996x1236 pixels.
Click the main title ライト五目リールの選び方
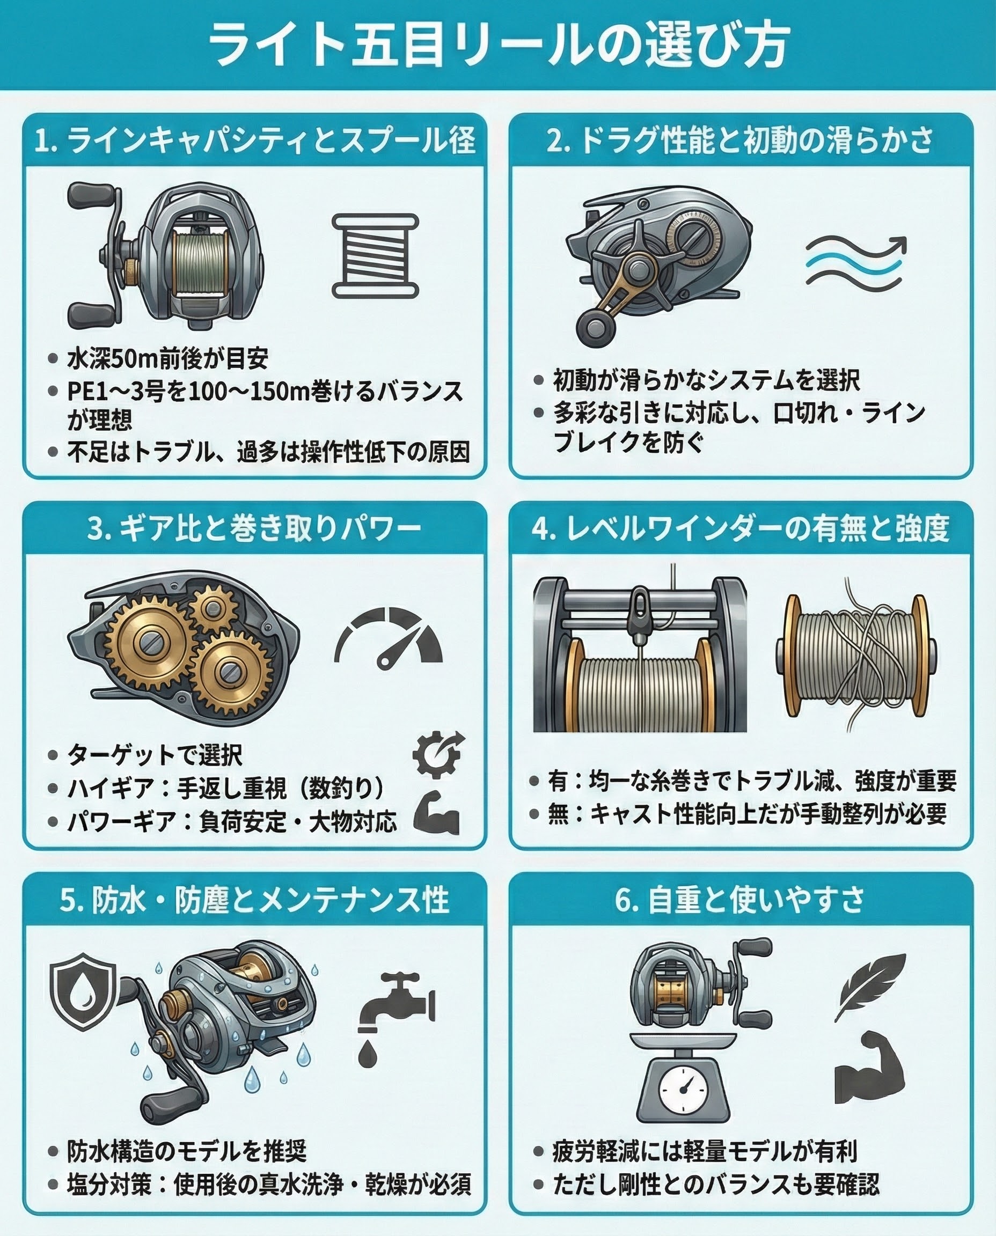498,45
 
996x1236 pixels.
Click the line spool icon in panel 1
376,256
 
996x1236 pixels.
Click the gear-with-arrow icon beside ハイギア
438,752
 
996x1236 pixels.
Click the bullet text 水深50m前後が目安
167,359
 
